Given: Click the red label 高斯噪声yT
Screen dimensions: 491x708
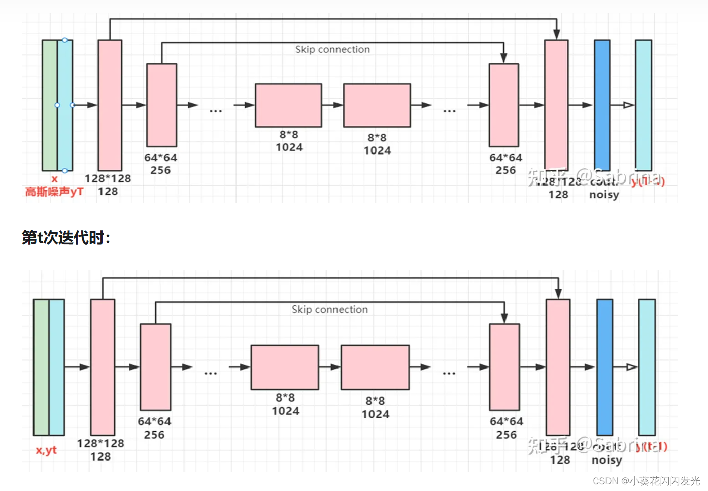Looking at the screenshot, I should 54,192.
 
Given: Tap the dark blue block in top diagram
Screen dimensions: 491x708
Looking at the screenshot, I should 602,105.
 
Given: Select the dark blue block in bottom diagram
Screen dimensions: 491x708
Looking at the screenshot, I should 604,367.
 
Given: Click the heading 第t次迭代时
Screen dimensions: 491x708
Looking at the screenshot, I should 66,237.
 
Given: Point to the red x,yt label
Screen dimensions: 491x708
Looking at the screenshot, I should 46,450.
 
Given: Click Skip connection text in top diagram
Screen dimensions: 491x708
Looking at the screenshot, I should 332,49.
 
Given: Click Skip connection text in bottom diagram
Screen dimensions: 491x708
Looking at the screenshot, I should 329,310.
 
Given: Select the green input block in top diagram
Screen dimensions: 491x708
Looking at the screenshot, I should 50,105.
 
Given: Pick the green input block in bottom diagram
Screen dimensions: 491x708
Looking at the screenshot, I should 41,367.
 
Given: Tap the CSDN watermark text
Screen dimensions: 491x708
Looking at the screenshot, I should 646,481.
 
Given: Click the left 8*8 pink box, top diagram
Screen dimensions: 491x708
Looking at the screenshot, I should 288,105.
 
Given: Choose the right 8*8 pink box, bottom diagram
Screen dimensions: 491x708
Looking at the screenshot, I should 375,367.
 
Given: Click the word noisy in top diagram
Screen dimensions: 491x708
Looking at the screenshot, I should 604,195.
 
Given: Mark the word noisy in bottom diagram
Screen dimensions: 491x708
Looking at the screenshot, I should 606,460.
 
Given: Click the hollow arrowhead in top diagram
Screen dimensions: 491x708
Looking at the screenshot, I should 628,105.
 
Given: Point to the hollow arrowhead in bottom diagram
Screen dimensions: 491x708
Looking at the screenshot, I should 631,367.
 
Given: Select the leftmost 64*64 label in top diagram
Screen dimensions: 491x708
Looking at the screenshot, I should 160,158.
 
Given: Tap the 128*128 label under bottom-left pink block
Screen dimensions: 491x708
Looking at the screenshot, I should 100,443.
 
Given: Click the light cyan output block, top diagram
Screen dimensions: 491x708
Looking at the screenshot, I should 644,105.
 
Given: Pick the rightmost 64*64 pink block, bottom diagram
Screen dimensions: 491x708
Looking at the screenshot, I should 504,367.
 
